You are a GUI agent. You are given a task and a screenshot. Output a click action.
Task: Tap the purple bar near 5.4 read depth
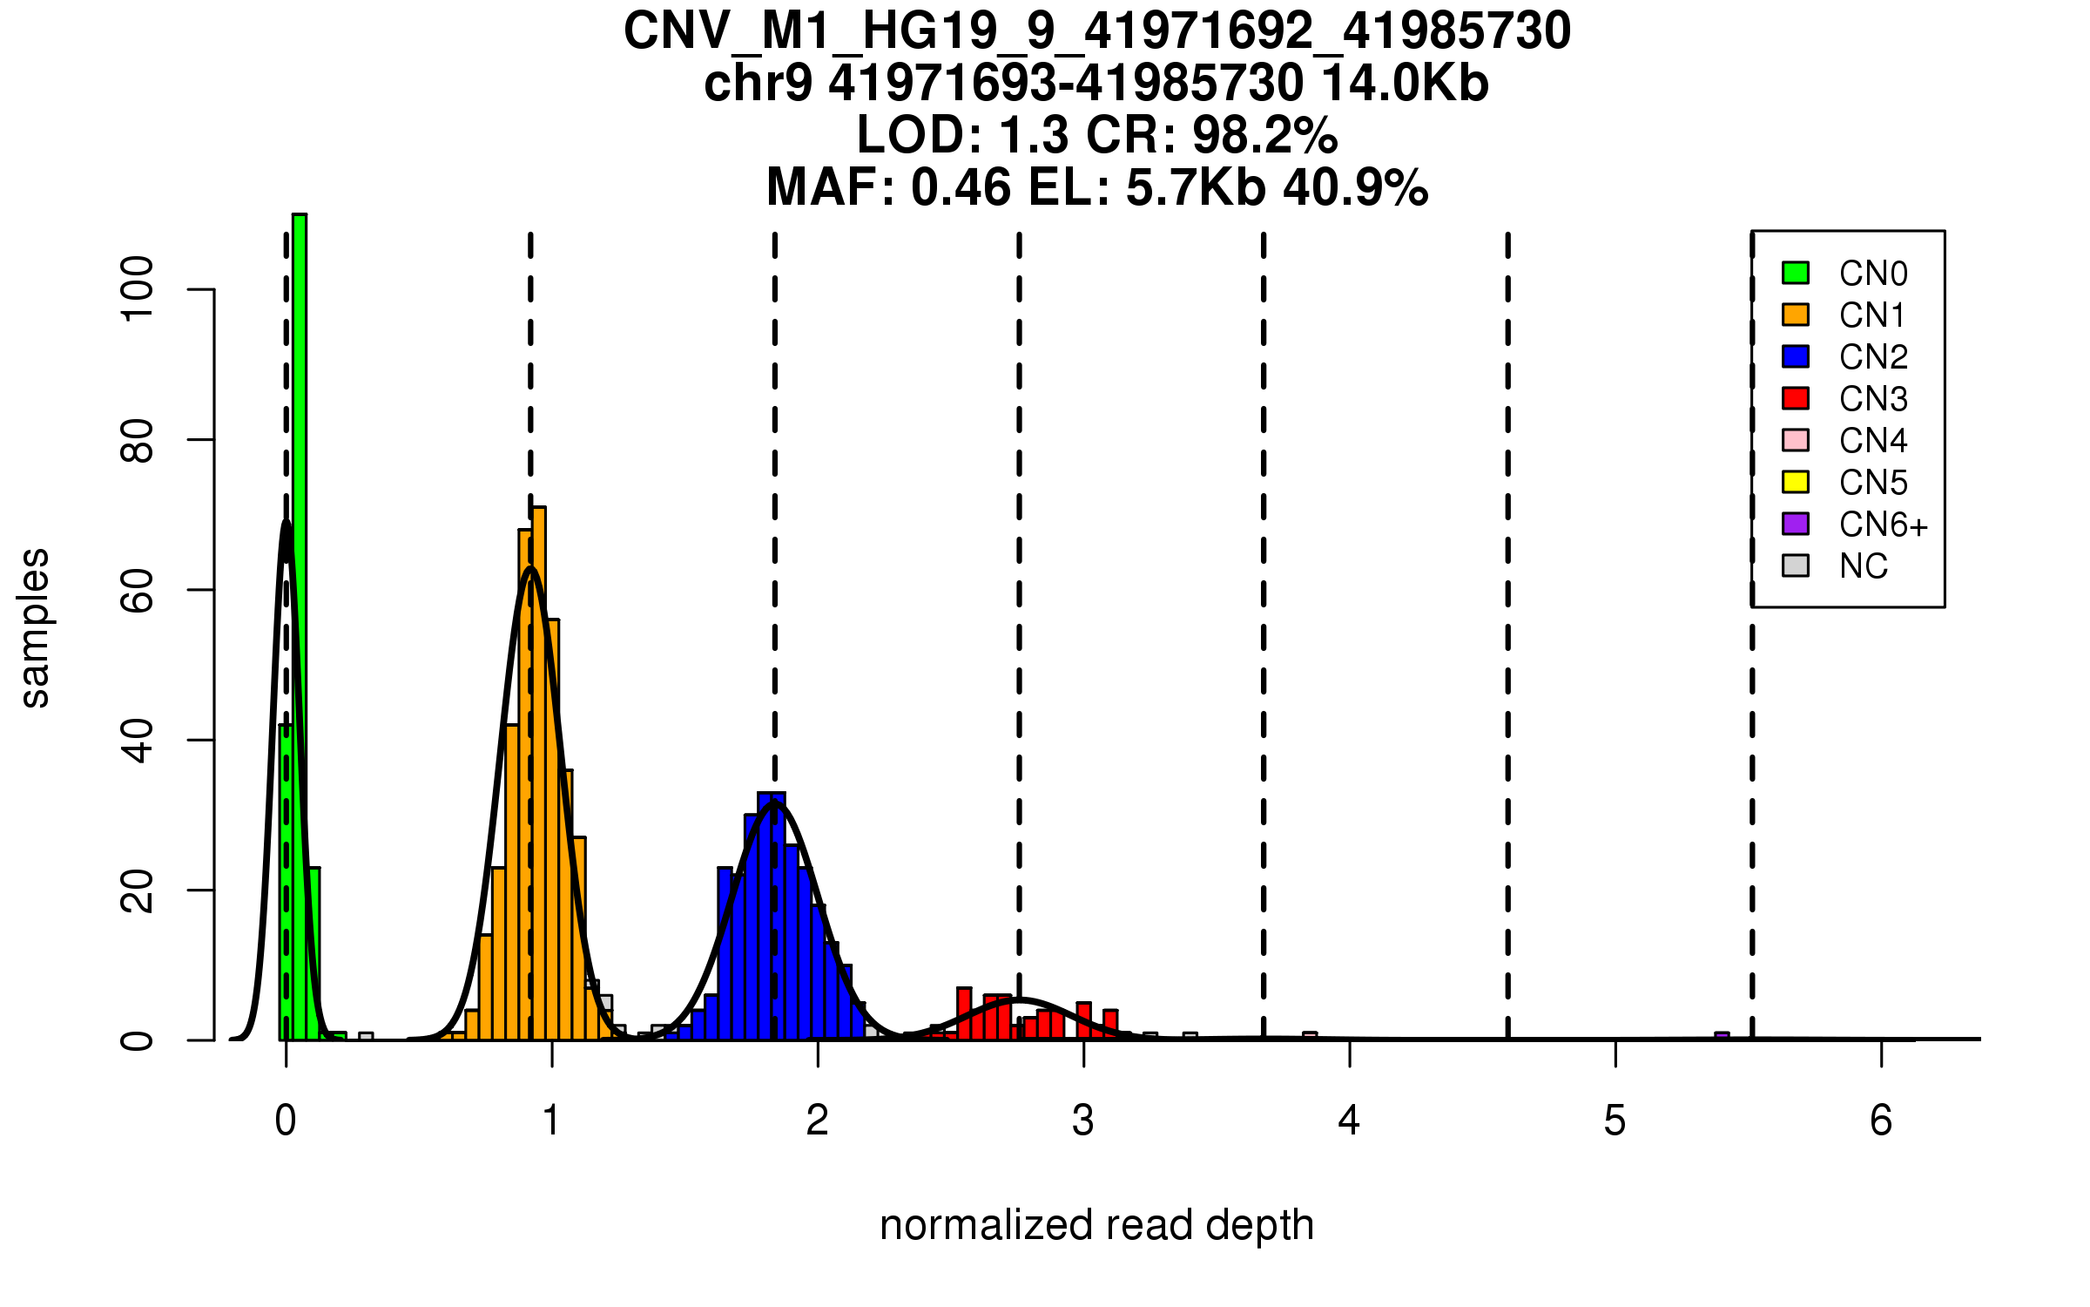[1721, 1036]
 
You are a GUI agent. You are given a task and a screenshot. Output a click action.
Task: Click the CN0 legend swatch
[1795, 273]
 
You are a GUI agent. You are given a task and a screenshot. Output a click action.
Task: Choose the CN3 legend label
[1872, 399]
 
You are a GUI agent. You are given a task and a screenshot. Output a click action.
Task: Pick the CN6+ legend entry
[1883, 525]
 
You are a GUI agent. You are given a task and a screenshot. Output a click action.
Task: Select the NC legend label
[1863, 566]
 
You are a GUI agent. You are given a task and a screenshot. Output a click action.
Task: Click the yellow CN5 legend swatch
[1795, 482]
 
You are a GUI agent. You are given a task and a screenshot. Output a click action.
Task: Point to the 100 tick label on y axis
[138, 288]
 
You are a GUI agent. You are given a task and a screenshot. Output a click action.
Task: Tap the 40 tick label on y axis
[138, 741]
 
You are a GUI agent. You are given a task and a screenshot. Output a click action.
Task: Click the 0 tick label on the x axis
[286, 1121]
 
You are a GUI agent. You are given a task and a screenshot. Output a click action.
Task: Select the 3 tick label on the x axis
[1083, 1121]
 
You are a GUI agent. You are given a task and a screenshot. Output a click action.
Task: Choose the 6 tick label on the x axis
[1881, 1121]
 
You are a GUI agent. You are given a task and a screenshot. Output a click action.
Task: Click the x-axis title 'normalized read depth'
[1096, 1225]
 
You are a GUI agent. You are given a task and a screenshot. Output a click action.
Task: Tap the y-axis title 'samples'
[35, 627]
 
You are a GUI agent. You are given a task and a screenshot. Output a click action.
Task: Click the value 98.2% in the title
[1264, 135]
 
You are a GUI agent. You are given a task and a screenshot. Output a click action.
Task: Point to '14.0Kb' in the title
[1405, 84]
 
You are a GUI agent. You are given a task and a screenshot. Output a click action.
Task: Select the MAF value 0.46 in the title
[961, 187]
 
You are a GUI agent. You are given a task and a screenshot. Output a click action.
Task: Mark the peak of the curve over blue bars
[774, 802]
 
